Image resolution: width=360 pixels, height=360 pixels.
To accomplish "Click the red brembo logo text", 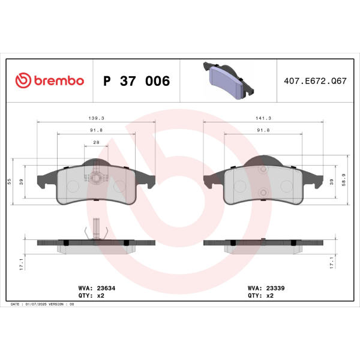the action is (x=59, y=80).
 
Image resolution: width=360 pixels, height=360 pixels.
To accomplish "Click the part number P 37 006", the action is (x=136, y=81).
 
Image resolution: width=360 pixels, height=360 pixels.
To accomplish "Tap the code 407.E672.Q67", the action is (x=315, y=81).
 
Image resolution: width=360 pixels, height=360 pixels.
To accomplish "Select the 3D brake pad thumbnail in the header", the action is (x=229, y=80).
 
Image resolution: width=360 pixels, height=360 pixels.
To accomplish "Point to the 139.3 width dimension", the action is (x=96, y=118).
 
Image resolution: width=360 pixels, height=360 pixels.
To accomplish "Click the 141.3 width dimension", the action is (x=263, y=118).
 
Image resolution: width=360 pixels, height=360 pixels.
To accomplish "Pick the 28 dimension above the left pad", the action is (x=96, y=142).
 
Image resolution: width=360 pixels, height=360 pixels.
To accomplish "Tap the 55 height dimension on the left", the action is (x=9, y=181).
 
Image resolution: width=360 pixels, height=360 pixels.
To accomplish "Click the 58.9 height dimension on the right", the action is (x=343, y=179).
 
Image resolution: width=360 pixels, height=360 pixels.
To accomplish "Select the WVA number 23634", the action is (x=106, y=288).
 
